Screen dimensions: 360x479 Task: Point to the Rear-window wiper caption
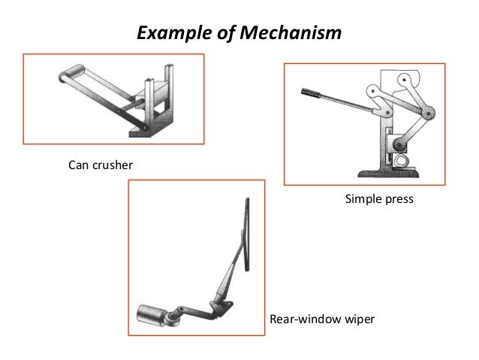(x=321, y=321)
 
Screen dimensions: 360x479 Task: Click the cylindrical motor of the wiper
(x=151, y=314)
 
